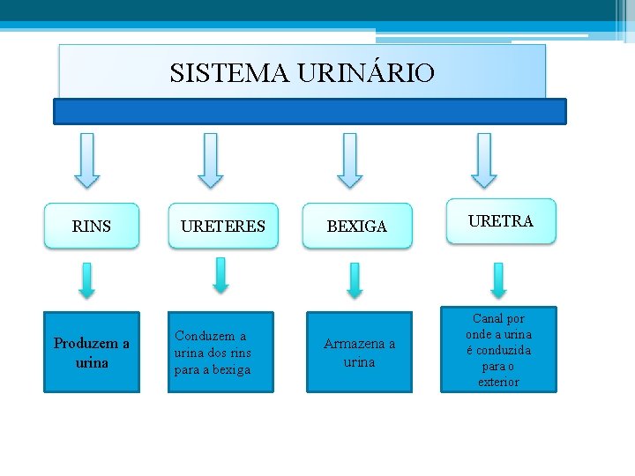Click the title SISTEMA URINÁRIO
click(302, 72)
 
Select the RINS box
click(92, 227)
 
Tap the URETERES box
click(222, 227)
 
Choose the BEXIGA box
click(356, 227)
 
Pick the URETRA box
click(500, 221)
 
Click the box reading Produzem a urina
click(92, 352)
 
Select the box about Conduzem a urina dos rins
click(213, 352)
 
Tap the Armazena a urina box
click(359, 352)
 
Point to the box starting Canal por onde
click(499, 350)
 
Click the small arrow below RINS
click(86, 279)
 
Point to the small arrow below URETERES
click(220, 275)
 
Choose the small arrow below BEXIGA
click(354, 280)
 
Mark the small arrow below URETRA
click(498, 279)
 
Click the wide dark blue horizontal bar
click(310, 111)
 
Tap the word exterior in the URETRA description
click(498, 382)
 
